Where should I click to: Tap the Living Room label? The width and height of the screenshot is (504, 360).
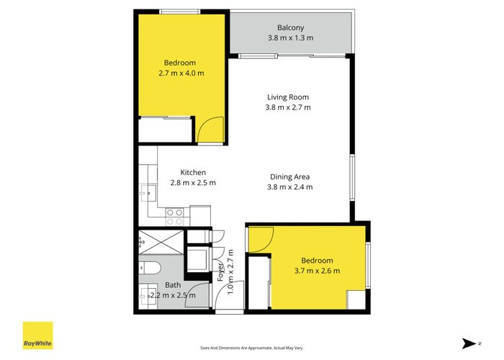(x=288, y=97)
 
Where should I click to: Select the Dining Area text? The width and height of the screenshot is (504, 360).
(x=291, y=176)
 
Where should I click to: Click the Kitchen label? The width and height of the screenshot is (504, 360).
(x=193, y=172)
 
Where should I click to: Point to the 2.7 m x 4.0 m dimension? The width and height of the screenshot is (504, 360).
(x=182, y=73)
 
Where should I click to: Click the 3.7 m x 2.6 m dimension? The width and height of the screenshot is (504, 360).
(x=317, y=271)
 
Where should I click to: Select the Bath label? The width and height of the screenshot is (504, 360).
(x=173, y=285)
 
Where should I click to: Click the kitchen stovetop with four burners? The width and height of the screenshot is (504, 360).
(x=175, y=213)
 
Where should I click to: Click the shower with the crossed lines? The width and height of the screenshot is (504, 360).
(x=161, y=242)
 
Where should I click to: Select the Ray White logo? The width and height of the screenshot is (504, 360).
(x=37, y=336)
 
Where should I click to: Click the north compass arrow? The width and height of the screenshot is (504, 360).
(x=469, y=343)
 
